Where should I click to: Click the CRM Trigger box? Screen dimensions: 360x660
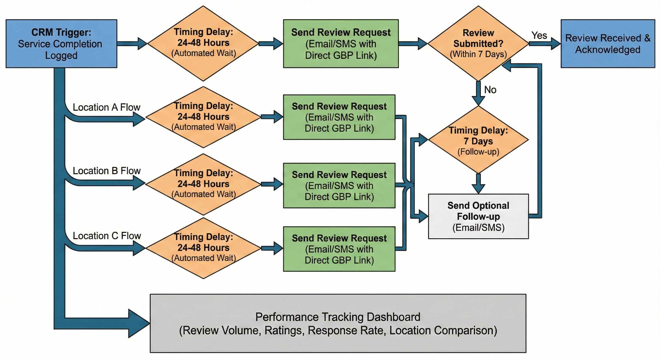(x=61, y=44)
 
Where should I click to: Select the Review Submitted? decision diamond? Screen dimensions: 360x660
(x=478, y=44)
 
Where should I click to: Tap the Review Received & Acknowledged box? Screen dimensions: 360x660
(x=608, y=44)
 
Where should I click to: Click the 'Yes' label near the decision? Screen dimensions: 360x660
(x=539, y=35)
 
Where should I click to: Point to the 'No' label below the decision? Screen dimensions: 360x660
(x=490, y=90)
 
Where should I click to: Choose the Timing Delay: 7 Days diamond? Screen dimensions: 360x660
(x=478, y=140)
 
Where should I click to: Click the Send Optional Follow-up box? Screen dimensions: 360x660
(x=478, y=216)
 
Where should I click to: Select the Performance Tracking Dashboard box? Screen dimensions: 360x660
(x=338, y=323)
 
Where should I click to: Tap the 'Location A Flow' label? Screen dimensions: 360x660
(x=106, y=107)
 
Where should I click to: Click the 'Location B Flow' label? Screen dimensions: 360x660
(x=107, y=171)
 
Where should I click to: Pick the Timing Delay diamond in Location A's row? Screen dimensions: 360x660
(x=203, y=117)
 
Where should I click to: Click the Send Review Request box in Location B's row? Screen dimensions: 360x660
(x=339, y=186)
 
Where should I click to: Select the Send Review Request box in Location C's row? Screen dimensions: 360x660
(x=339, y=249)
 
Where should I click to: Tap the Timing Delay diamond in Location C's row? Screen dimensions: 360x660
(x=203, y=248)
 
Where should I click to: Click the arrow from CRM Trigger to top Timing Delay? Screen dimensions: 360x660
(x=132, y=44)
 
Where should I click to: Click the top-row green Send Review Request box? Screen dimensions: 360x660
(x=341, y=44)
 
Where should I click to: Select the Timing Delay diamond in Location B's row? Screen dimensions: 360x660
(x=203, y=184)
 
